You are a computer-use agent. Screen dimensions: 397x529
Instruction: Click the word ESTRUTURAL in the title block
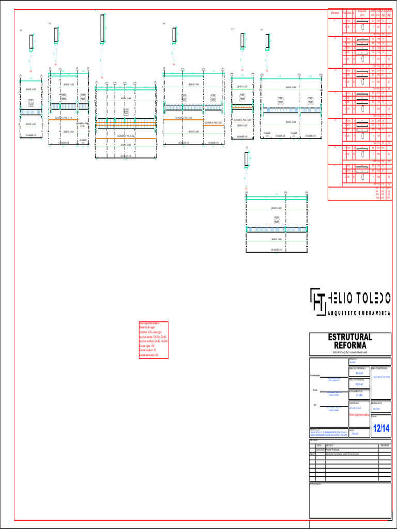coord(350,337)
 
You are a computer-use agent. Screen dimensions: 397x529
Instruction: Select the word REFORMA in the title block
coord(350,345)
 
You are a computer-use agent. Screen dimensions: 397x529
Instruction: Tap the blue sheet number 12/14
coord(381,428)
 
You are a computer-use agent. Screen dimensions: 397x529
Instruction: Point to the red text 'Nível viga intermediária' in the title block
coord(359,414)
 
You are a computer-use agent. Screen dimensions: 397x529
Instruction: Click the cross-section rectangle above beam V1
coord(32,41)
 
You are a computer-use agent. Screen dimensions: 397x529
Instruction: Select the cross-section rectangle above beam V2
coord(56,35)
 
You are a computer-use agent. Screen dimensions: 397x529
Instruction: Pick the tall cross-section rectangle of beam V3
coord(103,28)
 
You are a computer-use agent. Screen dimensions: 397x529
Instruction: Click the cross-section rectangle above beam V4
coord(175,35)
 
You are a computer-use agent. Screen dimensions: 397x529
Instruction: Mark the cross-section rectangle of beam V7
coord(247,159)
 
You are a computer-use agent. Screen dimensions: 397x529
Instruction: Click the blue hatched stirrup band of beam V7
coord(278,229)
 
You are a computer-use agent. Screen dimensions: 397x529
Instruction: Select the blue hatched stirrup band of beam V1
coord(31,111)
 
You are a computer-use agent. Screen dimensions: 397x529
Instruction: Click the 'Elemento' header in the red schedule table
coord(335,12)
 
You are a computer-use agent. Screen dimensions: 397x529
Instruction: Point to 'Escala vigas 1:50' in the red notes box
coord(147,345)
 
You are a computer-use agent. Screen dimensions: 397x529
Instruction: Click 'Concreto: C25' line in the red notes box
coord(150,332)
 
